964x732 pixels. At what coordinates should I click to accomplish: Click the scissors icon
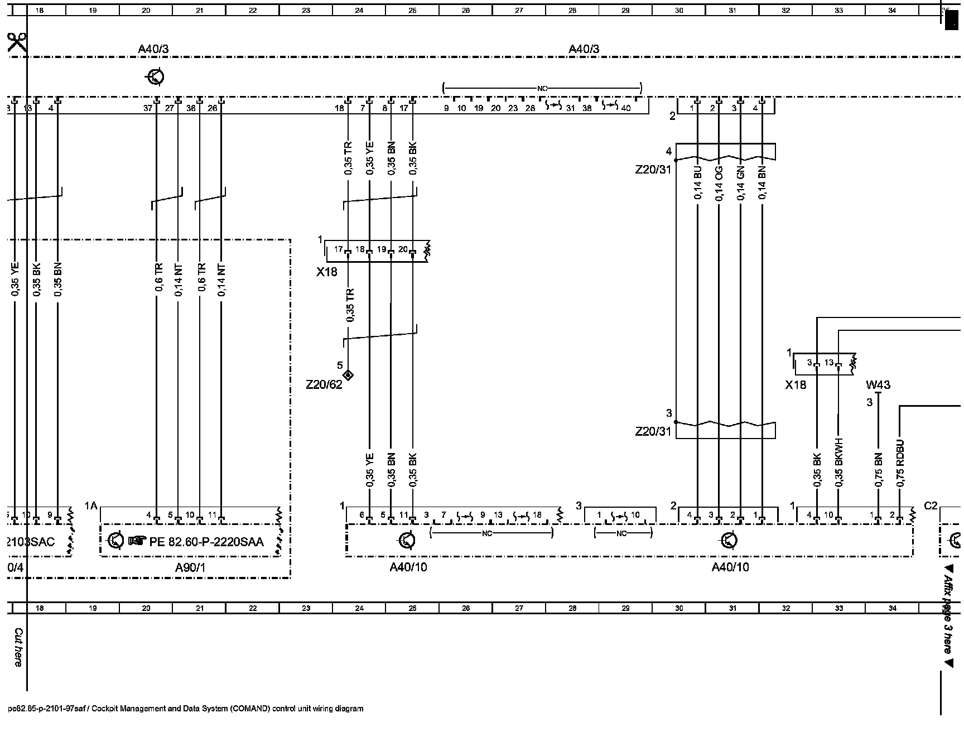pyautogui.click(x=17, y=42)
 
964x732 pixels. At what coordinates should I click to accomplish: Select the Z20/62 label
pyautogui.click(x=324, y=384)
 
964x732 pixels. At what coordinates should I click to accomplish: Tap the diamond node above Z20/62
pyautogui.click(x=348, y=374)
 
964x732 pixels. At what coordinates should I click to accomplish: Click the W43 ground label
pyautogui.click(x=878, y=384)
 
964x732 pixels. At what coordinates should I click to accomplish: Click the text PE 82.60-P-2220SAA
pyautogui.click(x=206, y=541)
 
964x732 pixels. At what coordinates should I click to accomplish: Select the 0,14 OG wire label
pyautogui.click(x=719, y=184)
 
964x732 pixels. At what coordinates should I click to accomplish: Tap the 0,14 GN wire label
pyautogui.click(x=740, y=184)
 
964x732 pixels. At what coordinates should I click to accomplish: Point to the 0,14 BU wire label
pyautogui.click(x=697, y=184)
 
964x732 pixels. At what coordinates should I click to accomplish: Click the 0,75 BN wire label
pyautogui.click(x=878, y=469)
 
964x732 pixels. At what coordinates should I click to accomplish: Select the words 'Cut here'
pyautogui.click(x=18, y=647)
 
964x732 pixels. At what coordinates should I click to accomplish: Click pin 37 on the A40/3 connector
pyautogui.click(x=148, y=108)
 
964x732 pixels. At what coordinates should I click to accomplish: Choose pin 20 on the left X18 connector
pyautogui.click(x=403, y=249)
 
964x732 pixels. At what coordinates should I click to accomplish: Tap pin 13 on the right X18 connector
pyautogui.click(x=829, y=363)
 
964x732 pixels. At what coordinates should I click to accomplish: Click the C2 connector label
pyautogui.click(x=931, y=506)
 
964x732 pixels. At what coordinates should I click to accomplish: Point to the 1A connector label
pyautogui.click(x=91, y=506)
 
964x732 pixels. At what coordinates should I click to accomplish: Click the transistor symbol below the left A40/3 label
pyautogui.click(x=155, y=76)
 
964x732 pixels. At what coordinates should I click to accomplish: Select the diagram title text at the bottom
pyautogui.click(x=186, y=709)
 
